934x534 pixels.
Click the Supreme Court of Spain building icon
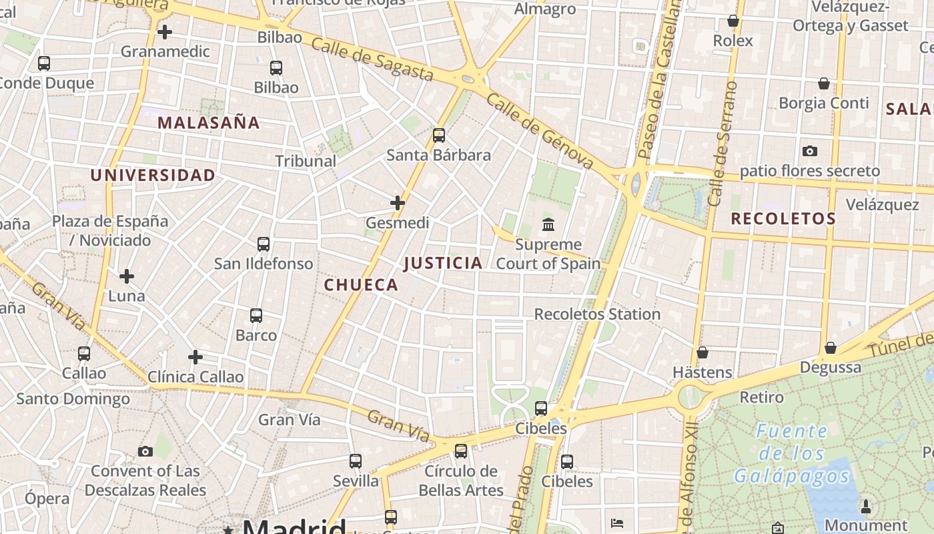548,224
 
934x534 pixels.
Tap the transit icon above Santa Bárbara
439,136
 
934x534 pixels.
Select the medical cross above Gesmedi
398,203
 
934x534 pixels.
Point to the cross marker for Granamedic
165,31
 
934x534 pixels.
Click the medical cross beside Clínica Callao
195,357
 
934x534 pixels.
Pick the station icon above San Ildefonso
264,244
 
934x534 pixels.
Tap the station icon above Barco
256,316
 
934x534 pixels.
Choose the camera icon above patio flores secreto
810,152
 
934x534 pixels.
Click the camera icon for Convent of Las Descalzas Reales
145,452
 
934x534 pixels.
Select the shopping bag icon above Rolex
733,21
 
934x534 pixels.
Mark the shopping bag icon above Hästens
703,352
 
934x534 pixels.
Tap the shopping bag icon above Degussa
831,348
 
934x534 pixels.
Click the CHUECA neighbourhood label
361,285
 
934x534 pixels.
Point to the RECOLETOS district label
783,219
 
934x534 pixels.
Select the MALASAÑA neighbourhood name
209,123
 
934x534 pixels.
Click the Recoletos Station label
597,314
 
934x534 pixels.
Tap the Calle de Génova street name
540,131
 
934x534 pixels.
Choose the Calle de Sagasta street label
372,59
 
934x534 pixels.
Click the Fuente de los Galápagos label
792,454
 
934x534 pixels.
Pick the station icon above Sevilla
356,461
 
